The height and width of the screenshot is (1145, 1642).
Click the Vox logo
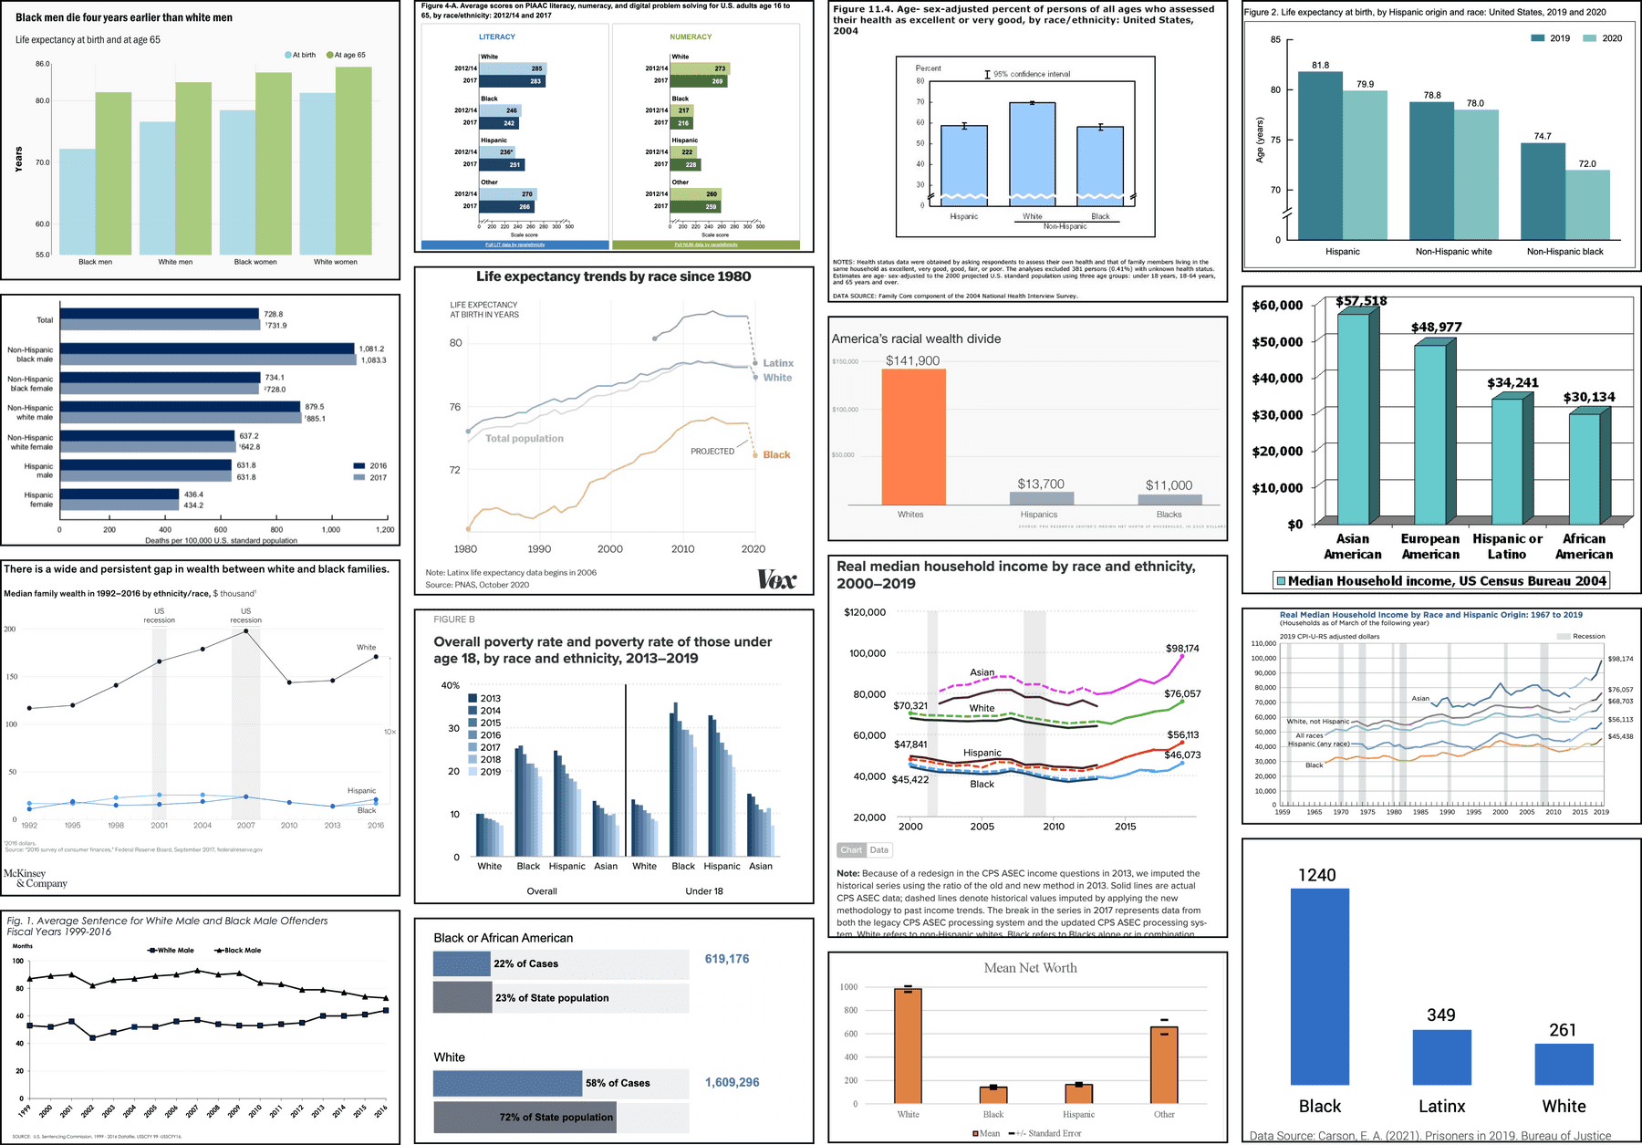coord(776,579)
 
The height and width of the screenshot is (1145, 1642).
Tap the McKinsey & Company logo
coord(36,878)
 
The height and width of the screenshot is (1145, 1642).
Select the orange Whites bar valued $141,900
coord(913,436)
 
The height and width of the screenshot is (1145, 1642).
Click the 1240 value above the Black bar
coord(1316,875)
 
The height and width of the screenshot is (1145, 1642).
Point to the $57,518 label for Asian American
coord(1361,301)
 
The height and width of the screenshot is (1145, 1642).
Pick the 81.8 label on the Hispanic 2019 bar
coord(1320,66)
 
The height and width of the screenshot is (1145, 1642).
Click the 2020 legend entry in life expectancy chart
coord(1603,38)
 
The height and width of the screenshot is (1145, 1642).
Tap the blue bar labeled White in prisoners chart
coord(1564,1064)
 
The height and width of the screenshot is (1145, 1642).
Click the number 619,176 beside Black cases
coord(727,959)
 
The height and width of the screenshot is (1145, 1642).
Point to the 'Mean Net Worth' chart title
coord(1030,968)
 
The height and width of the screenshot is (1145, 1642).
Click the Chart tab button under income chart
coord(851,850)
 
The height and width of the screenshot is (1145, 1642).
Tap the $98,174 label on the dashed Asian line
coord(1182,649)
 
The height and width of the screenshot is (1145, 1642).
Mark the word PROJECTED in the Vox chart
coord(712,452)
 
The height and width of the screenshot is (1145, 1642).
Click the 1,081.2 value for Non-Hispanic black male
coord(371,349)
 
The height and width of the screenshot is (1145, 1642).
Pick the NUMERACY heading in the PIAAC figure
coord(691,36)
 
